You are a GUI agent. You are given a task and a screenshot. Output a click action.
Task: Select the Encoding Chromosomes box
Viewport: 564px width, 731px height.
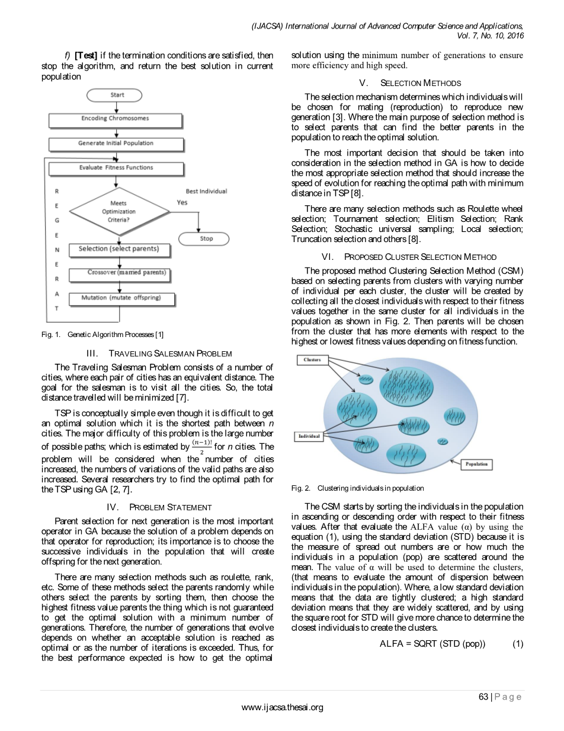pos(115,119)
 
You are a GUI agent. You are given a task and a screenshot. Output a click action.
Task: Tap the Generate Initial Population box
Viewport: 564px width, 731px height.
pos(116,143)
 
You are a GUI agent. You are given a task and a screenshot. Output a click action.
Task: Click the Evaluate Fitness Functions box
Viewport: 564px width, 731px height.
pos(116,168)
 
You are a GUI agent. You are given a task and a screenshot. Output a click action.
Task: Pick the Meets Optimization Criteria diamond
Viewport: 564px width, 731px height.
pos(119,212)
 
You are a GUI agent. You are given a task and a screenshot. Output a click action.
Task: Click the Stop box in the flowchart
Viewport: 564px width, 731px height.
pos(206,239)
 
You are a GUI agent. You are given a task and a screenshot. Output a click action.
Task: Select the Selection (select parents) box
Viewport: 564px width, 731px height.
pos(118,249)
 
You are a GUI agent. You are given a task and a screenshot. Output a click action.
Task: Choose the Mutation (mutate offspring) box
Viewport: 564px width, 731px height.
pos(121,298)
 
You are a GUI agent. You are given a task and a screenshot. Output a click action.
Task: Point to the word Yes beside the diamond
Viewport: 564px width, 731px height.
pos(182,202)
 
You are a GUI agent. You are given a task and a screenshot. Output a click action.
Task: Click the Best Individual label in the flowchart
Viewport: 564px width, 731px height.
pos(206,191)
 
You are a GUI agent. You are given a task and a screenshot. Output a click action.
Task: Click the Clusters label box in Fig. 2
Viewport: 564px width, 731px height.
pos(312,360)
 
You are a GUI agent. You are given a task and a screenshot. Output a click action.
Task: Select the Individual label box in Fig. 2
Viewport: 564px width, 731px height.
pos(309,436)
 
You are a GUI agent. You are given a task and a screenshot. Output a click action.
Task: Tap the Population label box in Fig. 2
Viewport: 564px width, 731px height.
pos(476,464)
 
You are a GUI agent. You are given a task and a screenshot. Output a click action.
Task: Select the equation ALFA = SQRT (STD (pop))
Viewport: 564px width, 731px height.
pos(432,644)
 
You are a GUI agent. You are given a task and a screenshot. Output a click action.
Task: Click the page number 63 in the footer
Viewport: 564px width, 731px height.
pos(483,697)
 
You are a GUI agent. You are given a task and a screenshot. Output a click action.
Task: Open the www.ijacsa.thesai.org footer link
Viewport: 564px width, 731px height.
pos(283,707)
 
